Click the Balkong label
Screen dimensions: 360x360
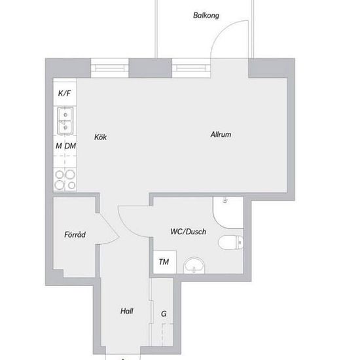click(x=206, y=16)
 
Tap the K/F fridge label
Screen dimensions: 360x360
click(x=64, y=93)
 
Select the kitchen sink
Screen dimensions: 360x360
click(x=65, y=121)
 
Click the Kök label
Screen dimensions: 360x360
click(x=100, y=137)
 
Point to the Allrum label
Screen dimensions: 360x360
click(x=221, y=134)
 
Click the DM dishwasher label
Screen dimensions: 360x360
click(x=70, y=146)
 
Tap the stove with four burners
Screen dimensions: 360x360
click(x=65, y=179)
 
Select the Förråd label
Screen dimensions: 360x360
click(x=75, y=234)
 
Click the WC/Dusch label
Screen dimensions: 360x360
click(x=188, y=232)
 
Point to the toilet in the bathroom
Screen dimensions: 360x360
click(x=230, y=243)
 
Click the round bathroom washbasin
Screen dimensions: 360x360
click(x=194, y=265)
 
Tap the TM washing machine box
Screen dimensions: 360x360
click(x=164, y=262)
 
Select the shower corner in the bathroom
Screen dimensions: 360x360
click(x=228, y=212)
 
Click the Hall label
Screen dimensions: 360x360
click(x=127, y=311)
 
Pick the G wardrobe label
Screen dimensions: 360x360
click(x=164, y=314)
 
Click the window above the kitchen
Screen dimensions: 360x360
click(x=109, y=68)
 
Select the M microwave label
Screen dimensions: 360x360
click(x=59, y=146)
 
